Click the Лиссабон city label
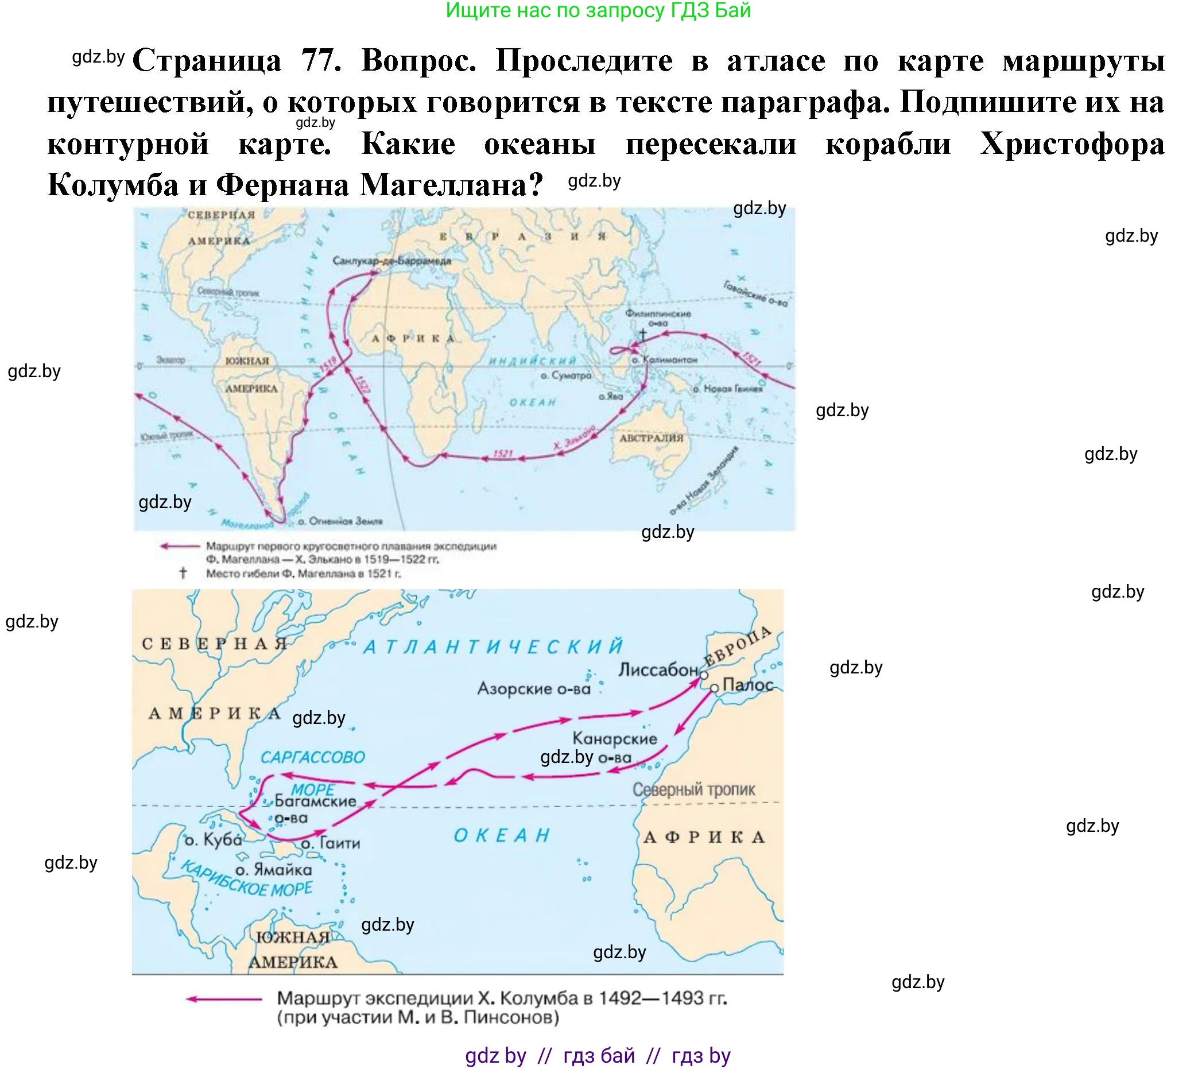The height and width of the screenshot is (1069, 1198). pos(658,670)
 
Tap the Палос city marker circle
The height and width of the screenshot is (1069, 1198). pos(715,688)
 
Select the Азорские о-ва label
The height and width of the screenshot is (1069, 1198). pos(534,688)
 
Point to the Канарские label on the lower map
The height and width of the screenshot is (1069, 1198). pos(615,738)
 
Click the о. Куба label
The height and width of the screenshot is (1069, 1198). pos(213,841)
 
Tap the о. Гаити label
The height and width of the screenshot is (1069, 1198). pos(331,843)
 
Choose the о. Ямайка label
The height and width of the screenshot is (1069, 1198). pos(274,870)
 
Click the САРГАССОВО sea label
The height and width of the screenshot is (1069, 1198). pos(313,757)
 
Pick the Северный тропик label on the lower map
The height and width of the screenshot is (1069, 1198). pos(693,789)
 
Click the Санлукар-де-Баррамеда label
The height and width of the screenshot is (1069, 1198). pos(391,261)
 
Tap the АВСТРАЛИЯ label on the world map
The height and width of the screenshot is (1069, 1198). pos(652,438)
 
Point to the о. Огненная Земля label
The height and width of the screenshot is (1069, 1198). pos(340,521)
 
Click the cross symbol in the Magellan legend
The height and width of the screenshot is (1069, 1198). pos(183,573)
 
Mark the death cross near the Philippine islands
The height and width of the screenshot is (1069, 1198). pos(643,334)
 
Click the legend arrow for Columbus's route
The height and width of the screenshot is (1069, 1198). pos(224,998)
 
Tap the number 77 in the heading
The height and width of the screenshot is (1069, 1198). pos(321,60)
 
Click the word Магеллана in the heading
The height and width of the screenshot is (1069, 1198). pos(451,185)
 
